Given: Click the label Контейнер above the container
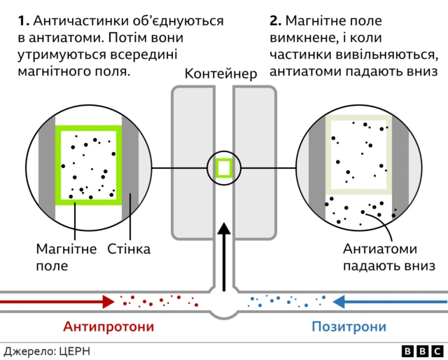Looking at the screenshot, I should point(220,74).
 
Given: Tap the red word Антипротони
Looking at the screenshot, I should point(108,326).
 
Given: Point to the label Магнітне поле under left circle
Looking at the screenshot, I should point(66,257).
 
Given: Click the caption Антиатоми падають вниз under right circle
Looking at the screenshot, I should point(389,257).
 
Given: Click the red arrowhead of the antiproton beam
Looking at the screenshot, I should point(108,302).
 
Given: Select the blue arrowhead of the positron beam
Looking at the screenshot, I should point(340,302).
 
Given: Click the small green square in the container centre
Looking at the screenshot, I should point(224,168).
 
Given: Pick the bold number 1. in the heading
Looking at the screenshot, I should point(22,21).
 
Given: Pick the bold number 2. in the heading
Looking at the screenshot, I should point(275,21).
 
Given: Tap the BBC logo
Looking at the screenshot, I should point(422,350).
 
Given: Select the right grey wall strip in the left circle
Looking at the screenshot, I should point(131,168).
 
